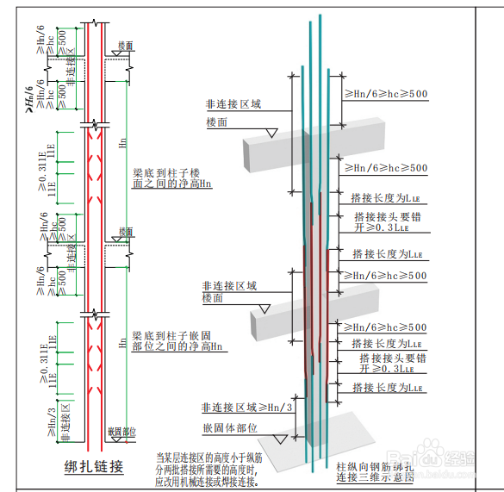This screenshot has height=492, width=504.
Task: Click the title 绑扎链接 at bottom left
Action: tap(94, 467)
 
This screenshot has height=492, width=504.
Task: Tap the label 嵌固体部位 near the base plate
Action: tap(230, 427)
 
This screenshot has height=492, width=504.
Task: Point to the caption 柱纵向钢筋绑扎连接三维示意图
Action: tap(376, 470)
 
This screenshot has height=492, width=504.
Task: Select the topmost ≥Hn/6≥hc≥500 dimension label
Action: tap(385, 94)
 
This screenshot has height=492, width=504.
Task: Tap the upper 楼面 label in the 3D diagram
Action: tap(216, 123)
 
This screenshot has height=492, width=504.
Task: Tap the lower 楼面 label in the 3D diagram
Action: tap(213, 298)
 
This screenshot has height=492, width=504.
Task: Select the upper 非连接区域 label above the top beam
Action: tap(233, 104)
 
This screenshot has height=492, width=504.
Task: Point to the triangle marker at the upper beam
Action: tap(271, 133)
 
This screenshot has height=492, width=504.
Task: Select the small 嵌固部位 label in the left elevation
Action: tap(122, 432)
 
